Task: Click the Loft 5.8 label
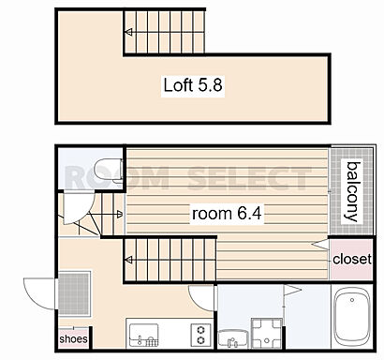pos(193,85)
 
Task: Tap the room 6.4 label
pos(227,214)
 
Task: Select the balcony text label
pos(353,191)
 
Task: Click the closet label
pos(352,259)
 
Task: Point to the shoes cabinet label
pos(73,339)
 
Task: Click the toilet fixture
pos(109,171)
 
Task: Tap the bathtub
pos(352,316)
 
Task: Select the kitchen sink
pos(143,335)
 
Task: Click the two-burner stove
pos(200,335)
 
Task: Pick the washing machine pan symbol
pos(267,334)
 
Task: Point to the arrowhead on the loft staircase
pos(128,32)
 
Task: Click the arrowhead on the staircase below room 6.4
pos(128,260)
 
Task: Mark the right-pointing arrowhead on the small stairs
pos(120,214)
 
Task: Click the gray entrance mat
pos(74,293)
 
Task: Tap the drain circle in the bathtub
pos(352,300)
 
